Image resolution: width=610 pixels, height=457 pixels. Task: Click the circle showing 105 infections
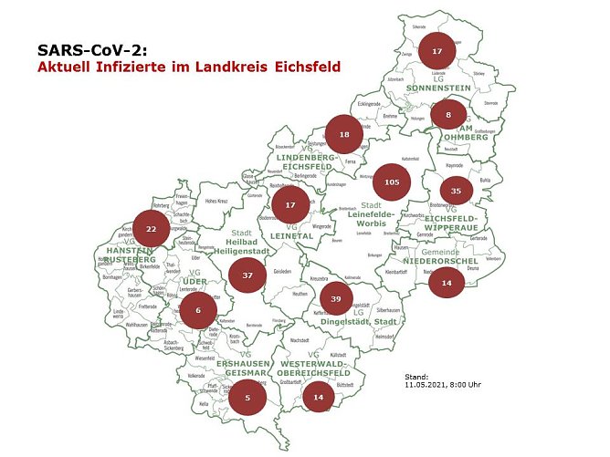[393, 182]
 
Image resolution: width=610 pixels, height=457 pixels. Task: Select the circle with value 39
[336, 299]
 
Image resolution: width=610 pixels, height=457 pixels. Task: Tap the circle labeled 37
[247, 275]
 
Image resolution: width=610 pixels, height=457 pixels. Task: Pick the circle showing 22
[152, 228]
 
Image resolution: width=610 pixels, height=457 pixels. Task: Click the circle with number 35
[457, 191]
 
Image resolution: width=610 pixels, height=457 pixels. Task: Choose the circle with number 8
[448, 115]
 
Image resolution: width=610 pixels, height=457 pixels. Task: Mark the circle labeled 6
[198, 311]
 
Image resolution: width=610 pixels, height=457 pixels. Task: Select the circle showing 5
[247, 397]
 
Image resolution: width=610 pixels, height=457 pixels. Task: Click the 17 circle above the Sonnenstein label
[437, 52]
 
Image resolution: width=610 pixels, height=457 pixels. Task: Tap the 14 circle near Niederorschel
[447, 283]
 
